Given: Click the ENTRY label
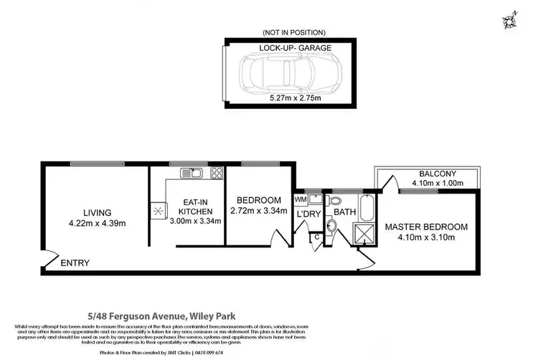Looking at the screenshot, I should (75, 263).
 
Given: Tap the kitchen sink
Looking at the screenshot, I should (192, 172).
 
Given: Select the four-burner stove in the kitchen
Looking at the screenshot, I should (216, 172).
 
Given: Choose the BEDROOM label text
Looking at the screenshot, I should (258, 199).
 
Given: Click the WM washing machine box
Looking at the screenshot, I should (301, 199).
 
